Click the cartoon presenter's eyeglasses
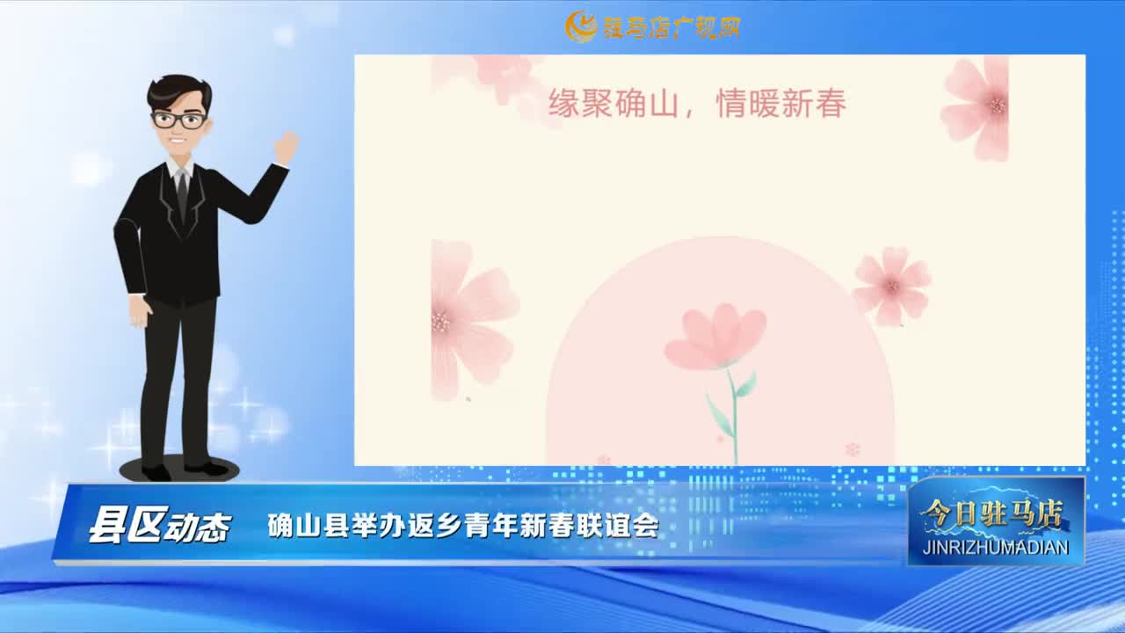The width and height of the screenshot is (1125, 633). pyautogui.click(x=180, y=120)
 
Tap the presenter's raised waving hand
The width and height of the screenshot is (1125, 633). pyautogui.click(x=287, y=147)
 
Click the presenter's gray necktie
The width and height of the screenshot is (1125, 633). pyautogui.click(x=182, y=193)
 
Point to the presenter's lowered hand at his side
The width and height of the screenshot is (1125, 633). pyautogui.click(x=140, y=311)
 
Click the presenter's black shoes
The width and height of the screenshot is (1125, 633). pyautogui.click(x=185, y=470)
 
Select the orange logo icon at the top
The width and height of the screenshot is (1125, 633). pyautogui.click(x=581, y=26)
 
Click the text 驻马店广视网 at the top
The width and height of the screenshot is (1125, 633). pyautogui.click(x=671, y=27)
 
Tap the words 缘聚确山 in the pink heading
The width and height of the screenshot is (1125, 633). pyautogui.click(x=613, y=104)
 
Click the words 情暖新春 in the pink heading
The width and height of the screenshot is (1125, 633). pyautogui.click(x=781, y=104)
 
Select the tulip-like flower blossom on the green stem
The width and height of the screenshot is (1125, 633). pyautogui.click(x=715, y=337)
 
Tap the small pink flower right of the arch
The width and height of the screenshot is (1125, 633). pyautogui.click(x=891, y=287)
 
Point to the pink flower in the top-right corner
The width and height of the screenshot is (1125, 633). pyautogui.click(x=976, y=108)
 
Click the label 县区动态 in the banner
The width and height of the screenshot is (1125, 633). pyautogui.click(x=159, y=527)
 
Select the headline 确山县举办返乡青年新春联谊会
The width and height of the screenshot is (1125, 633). pyautogui.click(x=462, y=526)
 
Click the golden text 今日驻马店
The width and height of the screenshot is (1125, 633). pyautogui.click(x=992, y=513)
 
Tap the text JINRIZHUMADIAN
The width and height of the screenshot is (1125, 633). pyautogui.click(x=996, y=547)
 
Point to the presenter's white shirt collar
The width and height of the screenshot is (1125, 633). pyautogui.click(x=178, y=169)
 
